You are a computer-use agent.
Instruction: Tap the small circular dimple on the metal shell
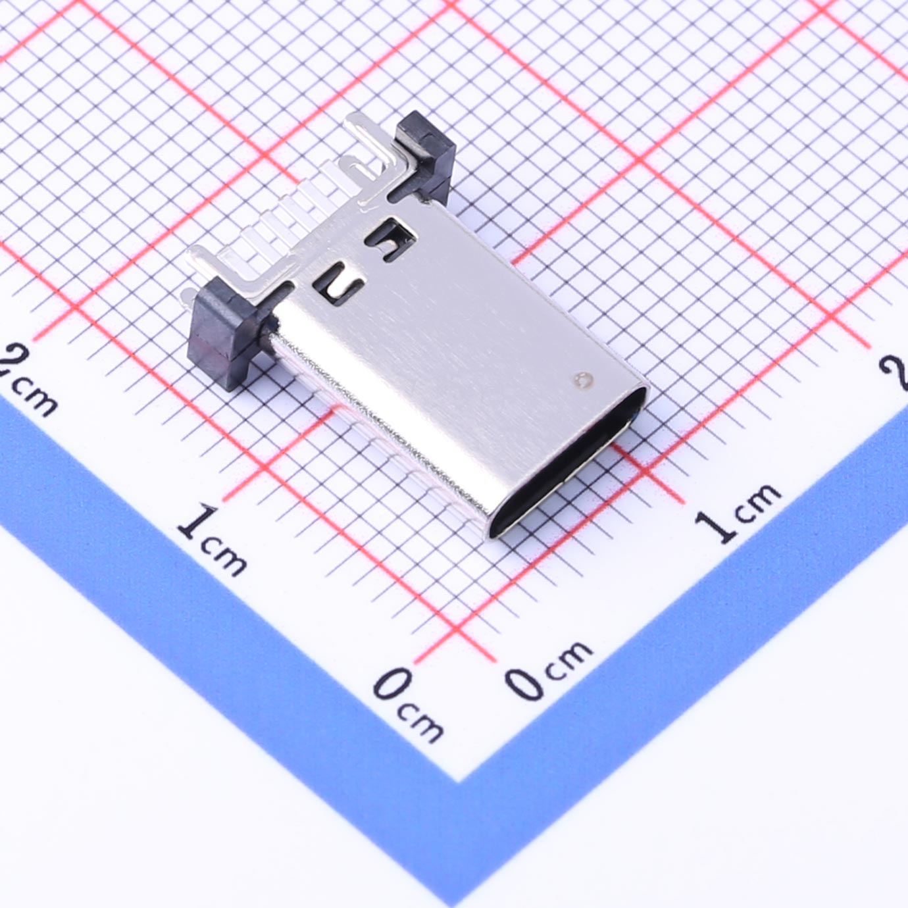point(583,379)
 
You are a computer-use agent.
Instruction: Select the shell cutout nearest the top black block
point(391,238)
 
